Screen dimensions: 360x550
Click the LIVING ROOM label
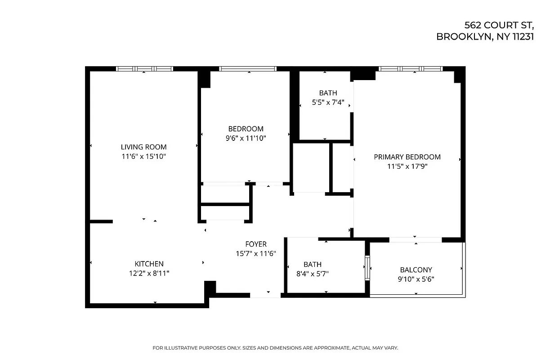(x=143, y=147)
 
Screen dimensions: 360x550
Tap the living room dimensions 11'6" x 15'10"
(x=143, y=157)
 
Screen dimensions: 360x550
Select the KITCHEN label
(x=149, y=264)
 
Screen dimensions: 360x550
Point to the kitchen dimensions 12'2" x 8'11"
(x=149, y=273)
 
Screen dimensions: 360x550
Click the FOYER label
(x=256, y=244)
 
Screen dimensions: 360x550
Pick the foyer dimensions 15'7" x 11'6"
(x=256, y=254)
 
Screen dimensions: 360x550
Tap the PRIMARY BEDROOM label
(x=407, y=157)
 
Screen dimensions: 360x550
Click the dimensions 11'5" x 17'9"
(x=407, y=166)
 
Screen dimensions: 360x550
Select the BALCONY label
(x=416, y=270)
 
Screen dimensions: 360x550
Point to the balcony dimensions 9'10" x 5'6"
(x=416, y=279)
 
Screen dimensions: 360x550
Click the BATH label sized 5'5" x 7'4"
(x=328, y=93)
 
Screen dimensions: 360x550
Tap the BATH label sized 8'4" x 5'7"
(x=312, y=265)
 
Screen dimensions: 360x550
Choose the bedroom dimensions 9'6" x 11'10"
(x=246, y=139)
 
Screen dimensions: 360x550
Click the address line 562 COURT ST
(x=499, y=25)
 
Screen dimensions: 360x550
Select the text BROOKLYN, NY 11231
(x=485, y=37)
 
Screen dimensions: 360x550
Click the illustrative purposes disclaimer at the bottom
(x=275, y=348)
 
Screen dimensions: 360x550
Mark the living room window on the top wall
(x=144, y=69)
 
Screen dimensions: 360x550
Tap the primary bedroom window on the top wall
(x=410, y=69)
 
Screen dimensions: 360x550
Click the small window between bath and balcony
(x=367, y=268)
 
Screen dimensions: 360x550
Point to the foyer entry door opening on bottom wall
(x=265, y=295)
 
